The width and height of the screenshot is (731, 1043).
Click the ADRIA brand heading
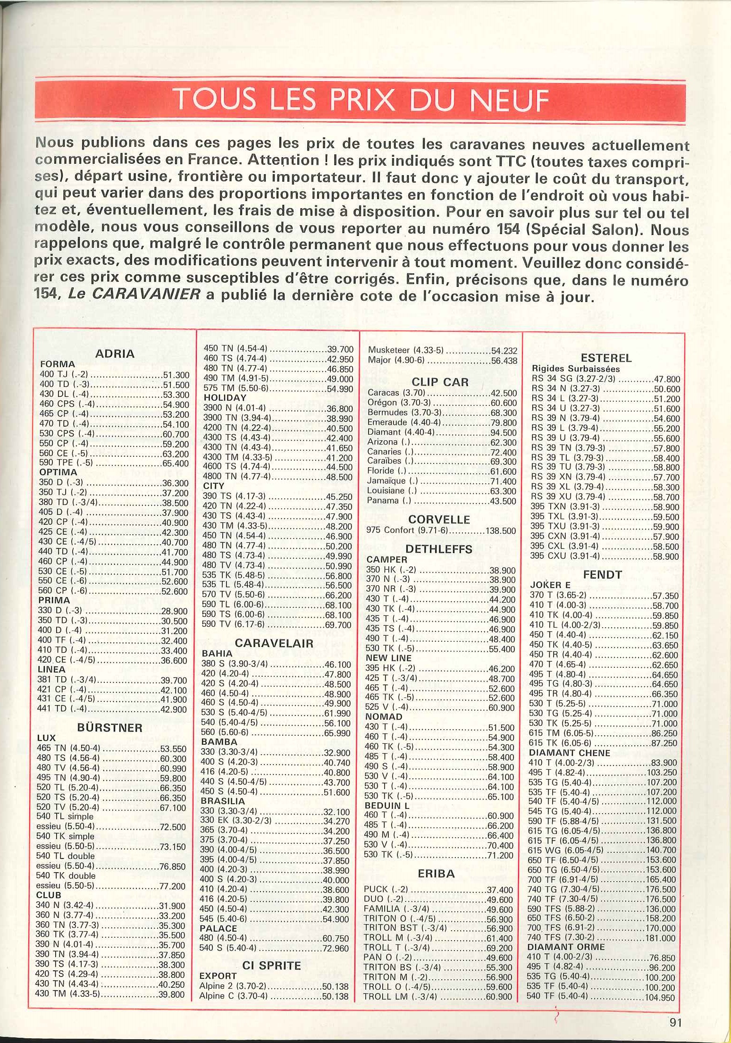[115, 353]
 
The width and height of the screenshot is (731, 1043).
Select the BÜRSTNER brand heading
[109, 727]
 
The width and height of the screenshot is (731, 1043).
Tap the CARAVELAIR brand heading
[274, 643]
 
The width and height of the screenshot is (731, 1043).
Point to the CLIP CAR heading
[440, 382]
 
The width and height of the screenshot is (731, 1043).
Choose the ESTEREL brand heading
[606, 358]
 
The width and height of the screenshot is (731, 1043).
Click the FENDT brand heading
[603, 574]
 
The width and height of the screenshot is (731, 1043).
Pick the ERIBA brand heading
[436, 874]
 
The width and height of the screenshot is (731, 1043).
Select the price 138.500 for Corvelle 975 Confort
[501, 530]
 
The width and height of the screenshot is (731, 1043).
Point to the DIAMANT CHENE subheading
[569, 753]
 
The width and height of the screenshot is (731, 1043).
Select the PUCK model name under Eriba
[376, 890]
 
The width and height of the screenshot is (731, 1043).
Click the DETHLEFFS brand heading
[438, 549]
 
